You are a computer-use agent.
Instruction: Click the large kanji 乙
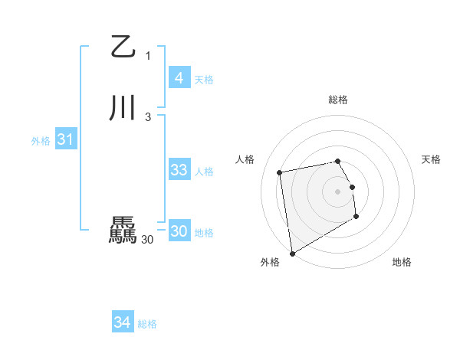(123, 47)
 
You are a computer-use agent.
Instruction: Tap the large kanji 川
(123, 108)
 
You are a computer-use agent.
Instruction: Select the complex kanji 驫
(123, 231)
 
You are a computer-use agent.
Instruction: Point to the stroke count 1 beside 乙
(148, 55)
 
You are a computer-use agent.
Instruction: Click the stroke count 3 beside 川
(148, 116)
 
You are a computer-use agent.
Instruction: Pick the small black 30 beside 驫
(147, 240)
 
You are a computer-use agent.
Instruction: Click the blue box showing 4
(179, 78)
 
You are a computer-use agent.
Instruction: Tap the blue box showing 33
(179, 170)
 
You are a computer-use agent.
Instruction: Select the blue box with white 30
(179, 231)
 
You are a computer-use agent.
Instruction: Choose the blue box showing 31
(65, 139)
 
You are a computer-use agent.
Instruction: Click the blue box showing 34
(122, 322)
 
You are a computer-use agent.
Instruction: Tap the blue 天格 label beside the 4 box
(204, 80)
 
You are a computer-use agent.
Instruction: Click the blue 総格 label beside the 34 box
(147, 324)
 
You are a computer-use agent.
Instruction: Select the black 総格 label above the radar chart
(338, 100)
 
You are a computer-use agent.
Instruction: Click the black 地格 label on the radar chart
(402, 262)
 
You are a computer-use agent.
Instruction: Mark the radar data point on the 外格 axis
(292, 253)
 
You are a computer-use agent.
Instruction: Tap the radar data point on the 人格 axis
(280, 172)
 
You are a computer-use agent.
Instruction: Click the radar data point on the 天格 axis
(352, 186)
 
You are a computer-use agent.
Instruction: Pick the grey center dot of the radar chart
(338, 191)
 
